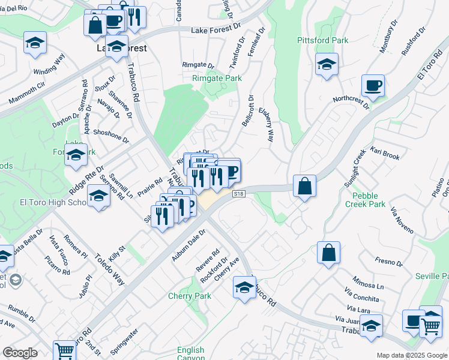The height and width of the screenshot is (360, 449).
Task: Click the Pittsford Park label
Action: pos(323,40)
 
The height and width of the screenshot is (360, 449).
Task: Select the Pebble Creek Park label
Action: pos(365,200)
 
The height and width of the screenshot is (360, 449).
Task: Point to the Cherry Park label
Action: pos(190,296)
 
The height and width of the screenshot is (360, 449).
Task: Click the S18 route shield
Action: pos(240,194)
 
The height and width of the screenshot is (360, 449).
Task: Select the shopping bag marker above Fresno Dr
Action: pos(329,253)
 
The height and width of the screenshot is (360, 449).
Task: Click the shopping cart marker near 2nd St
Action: pos(64,350)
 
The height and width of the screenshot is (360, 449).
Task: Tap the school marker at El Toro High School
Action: pos(99,196)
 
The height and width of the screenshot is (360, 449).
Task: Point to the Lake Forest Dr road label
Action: pos(215,30)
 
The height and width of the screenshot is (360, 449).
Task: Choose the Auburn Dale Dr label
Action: pos(188,245)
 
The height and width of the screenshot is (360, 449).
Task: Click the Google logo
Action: pos(20,353)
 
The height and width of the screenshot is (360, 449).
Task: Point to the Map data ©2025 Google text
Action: pos(411,355)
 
